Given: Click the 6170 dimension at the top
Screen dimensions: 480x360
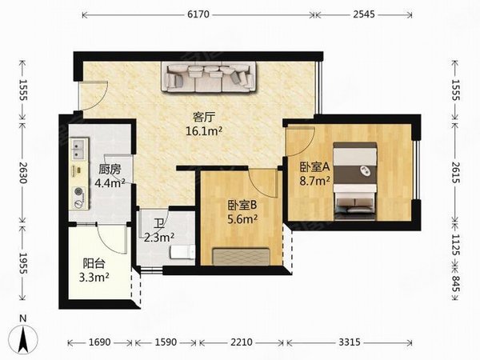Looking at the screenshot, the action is click(x=198, y=14).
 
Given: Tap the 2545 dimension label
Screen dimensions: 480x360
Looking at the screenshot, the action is click(x=364, y=14).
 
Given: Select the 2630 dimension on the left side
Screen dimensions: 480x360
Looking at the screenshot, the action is click(x=23, y=172).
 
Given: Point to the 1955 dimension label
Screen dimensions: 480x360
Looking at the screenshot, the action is click(x=23, y=263).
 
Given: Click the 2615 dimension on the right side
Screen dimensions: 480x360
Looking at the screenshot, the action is click(x=456, y=172).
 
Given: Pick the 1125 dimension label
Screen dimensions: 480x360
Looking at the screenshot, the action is click(x=456, y=245).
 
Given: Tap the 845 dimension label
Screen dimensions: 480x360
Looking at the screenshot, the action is click(x=456, y=284).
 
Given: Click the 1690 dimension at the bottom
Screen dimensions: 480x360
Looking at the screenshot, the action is click(x=99, y=342).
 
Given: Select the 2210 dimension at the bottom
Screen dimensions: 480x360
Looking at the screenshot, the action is click(x=242, y=342).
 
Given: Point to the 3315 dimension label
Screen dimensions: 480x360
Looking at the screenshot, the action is click(x=350, y=342).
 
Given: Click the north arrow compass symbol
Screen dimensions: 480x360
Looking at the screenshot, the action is click(x=23, y=339).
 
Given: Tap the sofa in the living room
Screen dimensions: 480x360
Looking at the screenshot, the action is click(x=210, y=78).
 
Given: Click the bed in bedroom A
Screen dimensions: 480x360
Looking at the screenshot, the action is click(x=354, y=182).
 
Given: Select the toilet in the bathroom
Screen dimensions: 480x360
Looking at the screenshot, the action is click(x=182, y=252).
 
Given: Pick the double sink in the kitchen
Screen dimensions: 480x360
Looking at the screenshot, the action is click(x=78, y=150).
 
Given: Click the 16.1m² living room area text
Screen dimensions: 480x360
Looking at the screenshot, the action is click(x=204, y=131).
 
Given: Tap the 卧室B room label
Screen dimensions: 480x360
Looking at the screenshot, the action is click(x=242, y=205).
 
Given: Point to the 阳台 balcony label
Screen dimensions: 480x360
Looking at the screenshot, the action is click(x=94, y=263).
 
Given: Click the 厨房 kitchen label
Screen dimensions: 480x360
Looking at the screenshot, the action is click(x=110, y=169).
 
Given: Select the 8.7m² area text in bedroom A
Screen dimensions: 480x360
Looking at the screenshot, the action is click(x=315, y=182).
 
